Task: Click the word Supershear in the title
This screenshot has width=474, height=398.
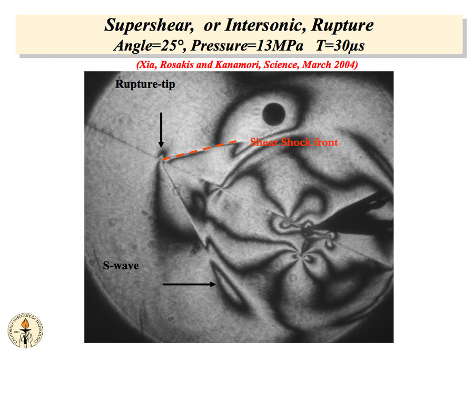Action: (149, 25)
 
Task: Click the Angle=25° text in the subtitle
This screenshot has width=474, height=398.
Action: (149, 46)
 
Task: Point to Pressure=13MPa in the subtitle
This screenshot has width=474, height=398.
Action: (247, 46)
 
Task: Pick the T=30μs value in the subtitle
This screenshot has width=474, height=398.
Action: (340, 46)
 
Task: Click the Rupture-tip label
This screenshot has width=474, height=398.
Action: (145, 84)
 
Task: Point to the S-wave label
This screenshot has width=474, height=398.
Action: (121, 266)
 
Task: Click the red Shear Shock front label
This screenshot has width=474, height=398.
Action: (294, 142)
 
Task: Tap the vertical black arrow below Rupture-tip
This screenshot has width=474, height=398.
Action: (161, 130)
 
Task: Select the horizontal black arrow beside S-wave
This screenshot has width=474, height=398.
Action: (190, 284)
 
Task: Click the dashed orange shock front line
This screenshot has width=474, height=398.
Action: (200, 150)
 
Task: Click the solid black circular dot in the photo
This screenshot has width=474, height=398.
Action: (274, 114)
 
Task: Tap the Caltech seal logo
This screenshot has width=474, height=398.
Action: (25, 330)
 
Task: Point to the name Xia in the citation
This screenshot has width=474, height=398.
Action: (147, 65)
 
